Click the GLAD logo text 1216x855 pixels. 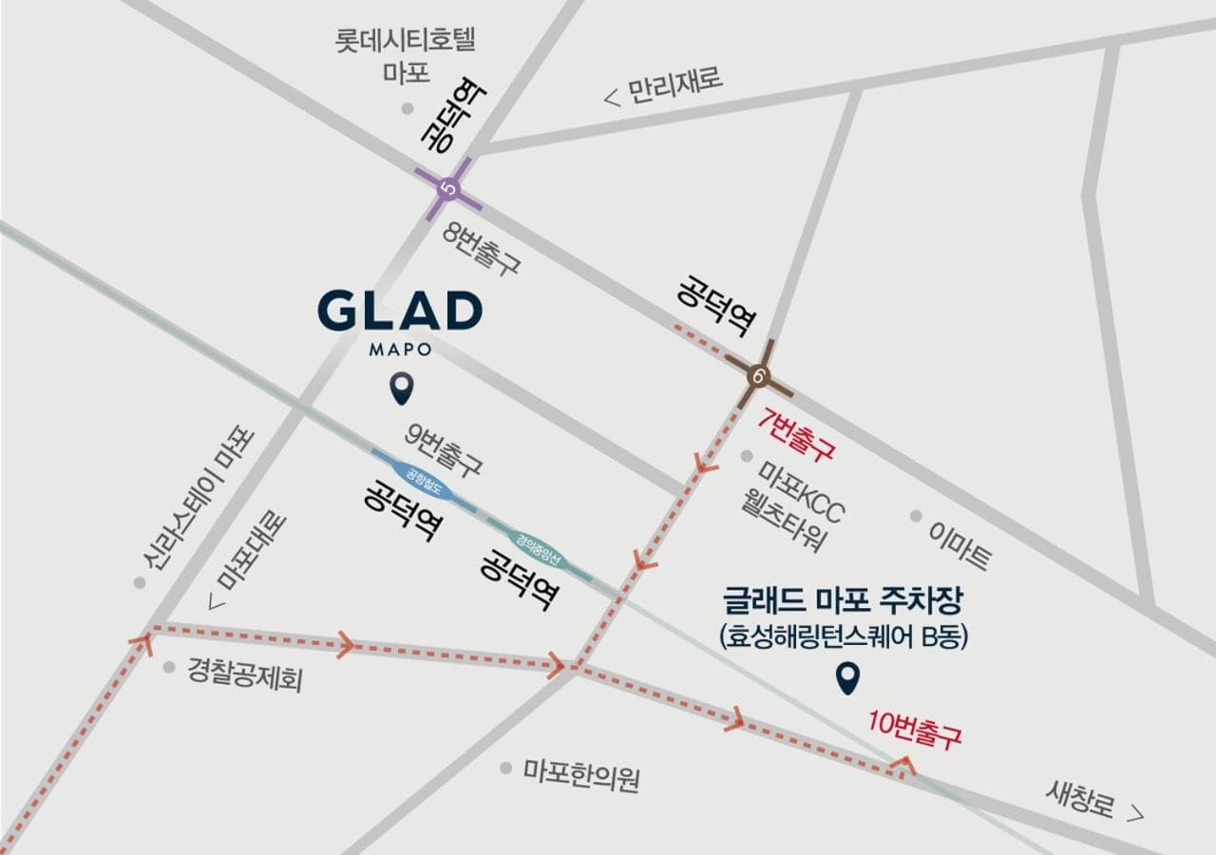click(400, 311)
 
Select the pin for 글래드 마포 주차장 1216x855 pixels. click(846, 677)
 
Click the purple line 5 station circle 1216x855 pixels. click(448, 188)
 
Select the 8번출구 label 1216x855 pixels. click(482, 249)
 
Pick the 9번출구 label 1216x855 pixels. click(444, 449)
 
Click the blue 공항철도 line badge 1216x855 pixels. click(425, 477)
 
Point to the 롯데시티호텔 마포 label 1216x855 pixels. click(406, 55)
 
